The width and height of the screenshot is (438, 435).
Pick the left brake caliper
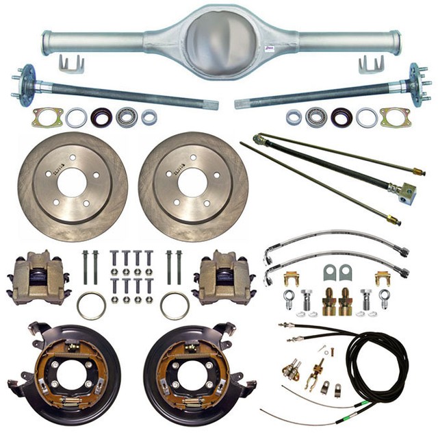(39, 277)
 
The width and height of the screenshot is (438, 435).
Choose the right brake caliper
(223, 277)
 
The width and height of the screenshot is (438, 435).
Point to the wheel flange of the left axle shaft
(26, 84)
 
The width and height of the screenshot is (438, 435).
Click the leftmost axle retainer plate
(47, 117)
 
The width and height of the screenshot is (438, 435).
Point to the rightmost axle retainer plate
(396, 117)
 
